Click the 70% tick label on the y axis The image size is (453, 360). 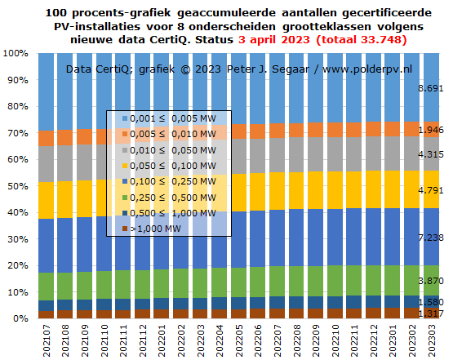[18, 133]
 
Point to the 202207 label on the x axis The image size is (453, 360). [277, 341]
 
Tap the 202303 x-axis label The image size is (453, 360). [431, 341]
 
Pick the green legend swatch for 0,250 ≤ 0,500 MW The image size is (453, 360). [125, 198]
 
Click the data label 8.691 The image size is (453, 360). [430, 88]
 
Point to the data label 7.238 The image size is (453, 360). [430, 238]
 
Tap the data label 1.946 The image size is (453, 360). [430, 130]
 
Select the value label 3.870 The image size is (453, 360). [430, 281]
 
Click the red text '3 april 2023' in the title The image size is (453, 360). [274, 39]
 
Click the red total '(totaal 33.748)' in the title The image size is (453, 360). [361, 39]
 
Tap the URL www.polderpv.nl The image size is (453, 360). [367, 69]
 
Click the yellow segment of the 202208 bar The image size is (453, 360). [296, 191]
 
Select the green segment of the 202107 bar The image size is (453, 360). [46, 287]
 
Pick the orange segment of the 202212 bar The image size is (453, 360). [373, 129]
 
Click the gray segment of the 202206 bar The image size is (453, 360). [257, 156]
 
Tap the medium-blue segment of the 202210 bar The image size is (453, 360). [335, 238]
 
